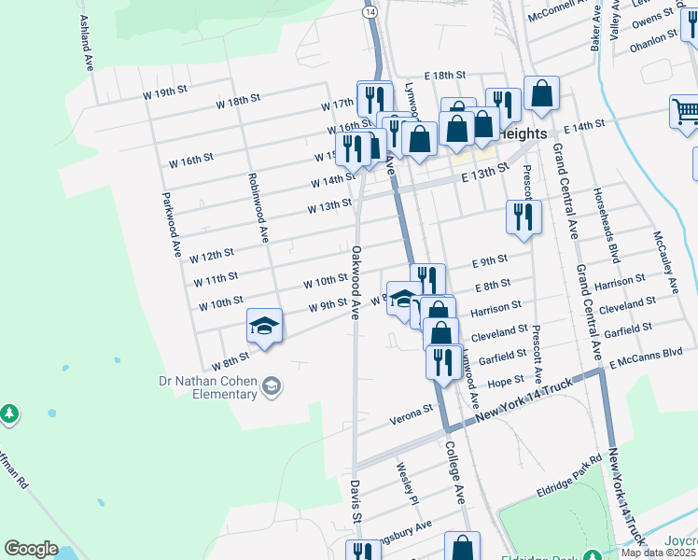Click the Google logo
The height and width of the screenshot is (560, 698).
[31, 549]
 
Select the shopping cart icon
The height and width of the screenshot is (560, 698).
[684, 113]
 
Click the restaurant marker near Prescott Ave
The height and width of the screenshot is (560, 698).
[523, 217]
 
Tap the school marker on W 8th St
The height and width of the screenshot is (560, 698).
[264, 326]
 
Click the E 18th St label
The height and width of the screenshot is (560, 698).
[444, 75]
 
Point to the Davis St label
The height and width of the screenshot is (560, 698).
[356, 501]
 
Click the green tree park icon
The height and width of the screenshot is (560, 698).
[8, 413]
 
